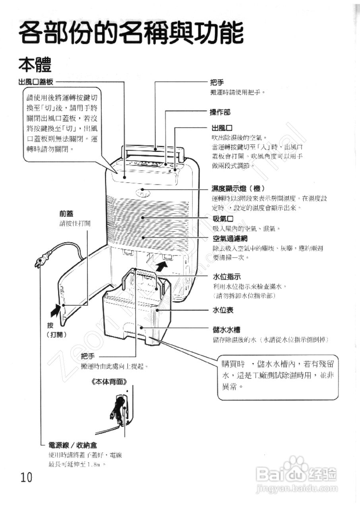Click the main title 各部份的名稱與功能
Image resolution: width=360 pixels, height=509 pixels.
point(131,33)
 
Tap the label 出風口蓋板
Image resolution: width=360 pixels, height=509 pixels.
point(35,82)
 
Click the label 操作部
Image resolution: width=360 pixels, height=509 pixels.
point(220,112)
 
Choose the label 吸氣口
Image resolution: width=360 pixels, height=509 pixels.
point(223,219)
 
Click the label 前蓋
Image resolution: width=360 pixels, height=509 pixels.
point(67,214)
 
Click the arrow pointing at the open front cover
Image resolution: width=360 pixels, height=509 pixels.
point(56,309)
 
